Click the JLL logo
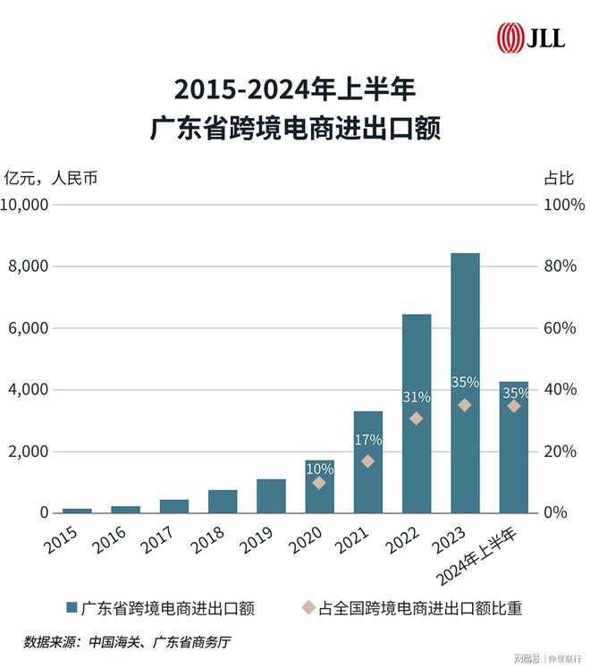[x=531, y=38]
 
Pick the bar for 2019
[x=271, y=495]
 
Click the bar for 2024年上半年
[x=513, y=447]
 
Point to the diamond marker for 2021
[x=368, y=461]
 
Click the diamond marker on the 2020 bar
[x=319, y=483]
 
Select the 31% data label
[x=417, y=397]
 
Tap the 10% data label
[x=319, y=469]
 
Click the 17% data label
[x=368, y=440]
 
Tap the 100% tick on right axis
[x=562, y=205]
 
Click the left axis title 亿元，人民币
[x=51, y=177]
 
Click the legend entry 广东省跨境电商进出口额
[x=161, y=608]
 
